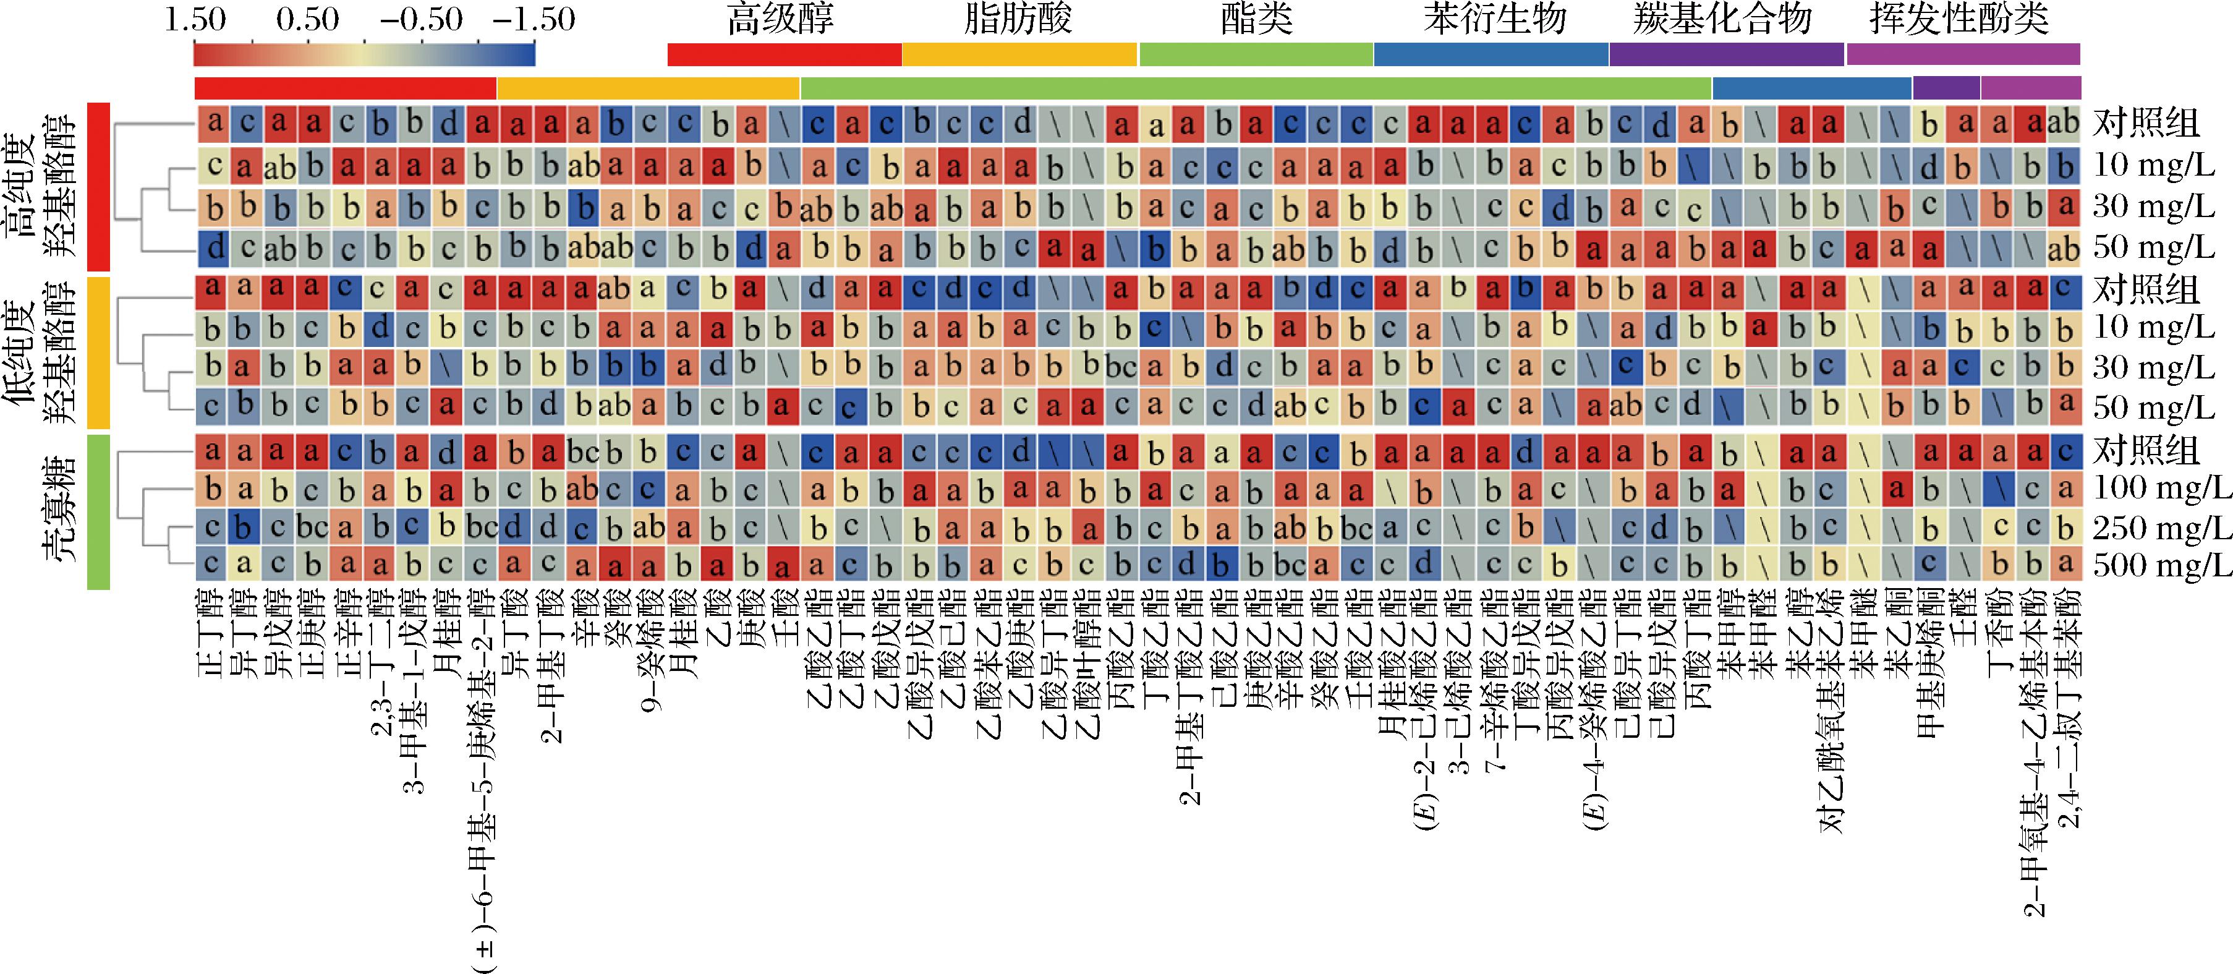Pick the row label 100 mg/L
click(2162, 489)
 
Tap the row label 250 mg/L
click(2162, 528)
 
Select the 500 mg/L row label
click(2162, 565)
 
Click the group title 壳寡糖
click(61, 511)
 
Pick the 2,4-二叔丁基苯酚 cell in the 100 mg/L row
click(2065, 490)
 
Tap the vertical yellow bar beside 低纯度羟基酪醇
click(99, 351)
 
